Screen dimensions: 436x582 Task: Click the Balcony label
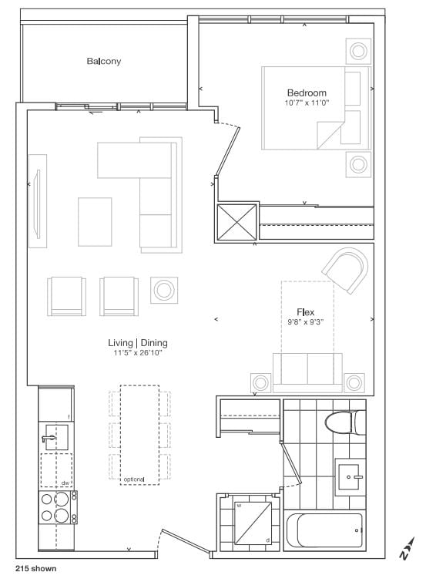104,61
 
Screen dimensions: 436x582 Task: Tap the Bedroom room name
307,93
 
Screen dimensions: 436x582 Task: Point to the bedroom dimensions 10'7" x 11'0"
307,103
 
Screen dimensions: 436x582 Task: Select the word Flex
306,312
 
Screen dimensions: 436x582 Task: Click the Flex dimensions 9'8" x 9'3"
306,322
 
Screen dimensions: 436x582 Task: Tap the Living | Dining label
138,342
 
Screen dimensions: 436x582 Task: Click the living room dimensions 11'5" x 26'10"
138,352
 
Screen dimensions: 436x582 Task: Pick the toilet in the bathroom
345,422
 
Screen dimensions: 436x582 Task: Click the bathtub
324,530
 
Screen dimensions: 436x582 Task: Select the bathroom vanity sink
349,477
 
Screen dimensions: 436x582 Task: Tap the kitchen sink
56,438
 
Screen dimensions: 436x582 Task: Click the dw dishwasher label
65,483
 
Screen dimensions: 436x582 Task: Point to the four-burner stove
59,507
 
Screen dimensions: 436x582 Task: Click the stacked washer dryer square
253,523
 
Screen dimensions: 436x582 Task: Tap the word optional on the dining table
134,479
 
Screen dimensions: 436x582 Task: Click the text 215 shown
36,569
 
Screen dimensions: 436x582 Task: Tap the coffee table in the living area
95,221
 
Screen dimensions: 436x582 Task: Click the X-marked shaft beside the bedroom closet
236,222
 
